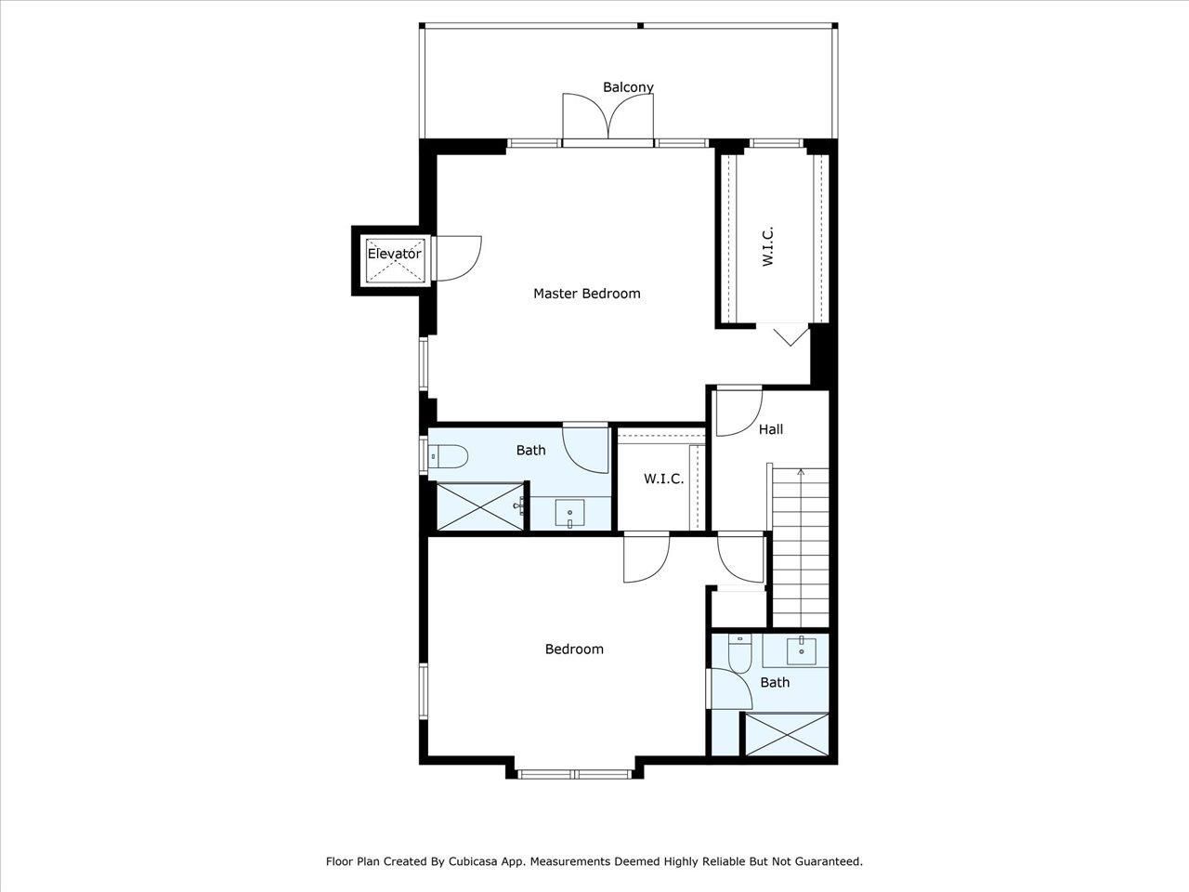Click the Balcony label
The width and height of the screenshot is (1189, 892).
click(x=628, y=87)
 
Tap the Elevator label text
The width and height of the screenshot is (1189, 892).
click(x=394, y=254)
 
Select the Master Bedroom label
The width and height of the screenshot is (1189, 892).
click(x=586, y=294)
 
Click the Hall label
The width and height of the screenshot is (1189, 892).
click(x=770, y=429)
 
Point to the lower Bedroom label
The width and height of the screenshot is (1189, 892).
click(x=573, y=649)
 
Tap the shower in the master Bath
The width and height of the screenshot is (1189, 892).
click(x=477, y=506)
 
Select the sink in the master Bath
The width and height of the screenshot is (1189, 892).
click(x=568, y=512)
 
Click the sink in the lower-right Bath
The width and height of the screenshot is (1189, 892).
click(x=802, y=650)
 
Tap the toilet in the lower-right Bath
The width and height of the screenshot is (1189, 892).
click(x=739, y=653)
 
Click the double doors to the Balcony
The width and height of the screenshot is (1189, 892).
click(x=608, y=118)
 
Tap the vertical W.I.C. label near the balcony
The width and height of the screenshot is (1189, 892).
click(x=768, y=247)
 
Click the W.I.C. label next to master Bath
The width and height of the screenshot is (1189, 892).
click(x=663, y=479)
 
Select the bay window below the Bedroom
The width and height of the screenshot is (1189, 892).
click(x=574, y=773)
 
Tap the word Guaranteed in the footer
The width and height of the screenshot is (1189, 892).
click(x=828, y=861)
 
